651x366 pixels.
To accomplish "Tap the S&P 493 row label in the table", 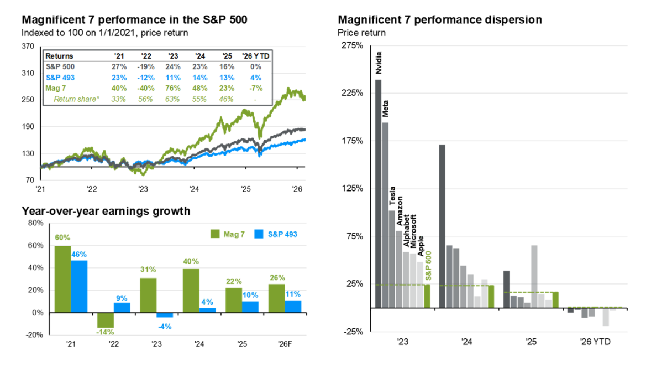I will tap(59, 78).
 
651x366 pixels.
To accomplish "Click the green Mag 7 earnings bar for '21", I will tap(62, 279).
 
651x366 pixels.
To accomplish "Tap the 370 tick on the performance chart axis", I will tap(28, 48).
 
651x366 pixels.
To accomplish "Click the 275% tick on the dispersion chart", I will tap(350, 45).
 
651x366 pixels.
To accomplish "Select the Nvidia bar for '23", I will tap(379, 193).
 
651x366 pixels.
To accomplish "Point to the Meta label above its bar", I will tap(386, 106).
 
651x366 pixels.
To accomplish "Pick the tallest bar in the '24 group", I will tap(442, 226).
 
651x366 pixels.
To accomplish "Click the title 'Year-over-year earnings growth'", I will tap(106, 211).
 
